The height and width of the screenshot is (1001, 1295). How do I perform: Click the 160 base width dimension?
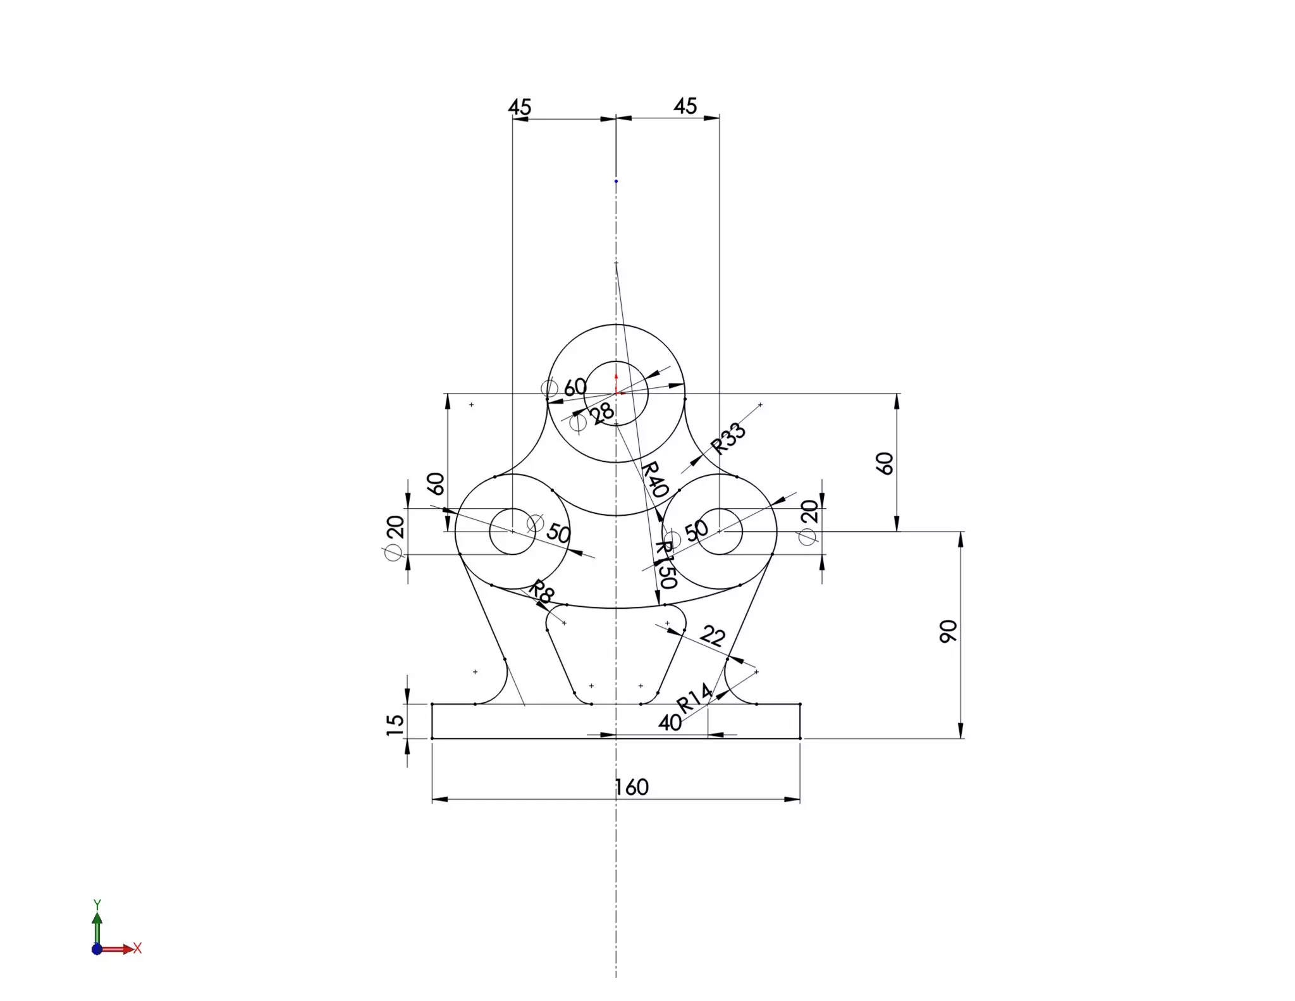(632, 787)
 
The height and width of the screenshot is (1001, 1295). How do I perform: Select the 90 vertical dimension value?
(948, 631)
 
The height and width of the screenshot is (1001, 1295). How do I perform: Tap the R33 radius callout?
(728, 438)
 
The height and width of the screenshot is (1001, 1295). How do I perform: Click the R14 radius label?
(694, 699)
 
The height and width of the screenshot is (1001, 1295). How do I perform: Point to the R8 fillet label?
(541, 591)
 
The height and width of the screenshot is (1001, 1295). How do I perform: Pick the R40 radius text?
(654, 479)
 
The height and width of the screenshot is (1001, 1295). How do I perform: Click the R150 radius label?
(665, 565)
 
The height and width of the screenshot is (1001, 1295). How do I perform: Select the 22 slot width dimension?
(713, 635)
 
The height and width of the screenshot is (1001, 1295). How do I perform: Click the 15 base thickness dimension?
(395, 724)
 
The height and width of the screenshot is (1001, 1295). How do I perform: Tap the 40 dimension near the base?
(670, 723)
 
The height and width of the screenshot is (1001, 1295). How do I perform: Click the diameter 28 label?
(601, 413)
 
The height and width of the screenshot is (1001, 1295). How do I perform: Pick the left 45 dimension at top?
(520, 107)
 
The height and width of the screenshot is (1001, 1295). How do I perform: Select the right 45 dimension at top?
(685, 106)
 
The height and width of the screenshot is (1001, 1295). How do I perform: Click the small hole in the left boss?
(512, 532)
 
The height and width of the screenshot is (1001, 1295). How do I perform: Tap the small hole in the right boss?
(720, 532)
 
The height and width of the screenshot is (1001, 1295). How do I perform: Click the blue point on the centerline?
(616, 182)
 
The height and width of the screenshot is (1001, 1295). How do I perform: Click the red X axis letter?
(137, 948)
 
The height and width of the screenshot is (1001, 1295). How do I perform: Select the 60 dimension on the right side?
(885, 463)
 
